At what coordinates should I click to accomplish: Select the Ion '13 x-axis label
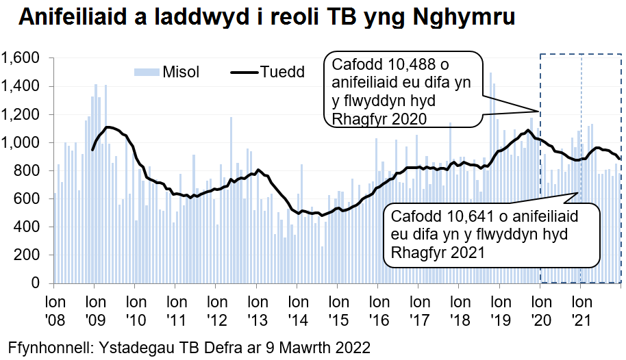click(x=257, y=310)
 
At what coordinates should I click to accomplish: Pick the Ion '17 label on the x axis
click(x=418, y=310)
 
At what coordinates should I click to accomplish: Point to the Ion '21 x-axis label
click(x=581, y=310)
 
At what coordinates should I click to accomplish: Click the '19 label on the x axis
click(x=499, y=319)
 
